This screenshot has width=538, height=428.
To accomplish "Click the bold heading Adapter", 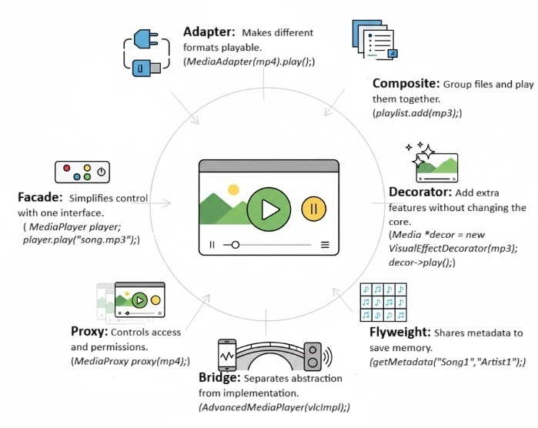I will click(209, 32).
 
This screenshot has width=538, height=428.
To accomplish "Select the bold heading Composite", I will click(406, 83).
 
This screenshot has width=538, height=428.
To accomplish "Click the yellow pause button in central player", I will click(313, 209).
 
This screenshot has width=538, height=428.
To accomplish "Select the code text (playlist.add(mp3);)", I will click(416, 113).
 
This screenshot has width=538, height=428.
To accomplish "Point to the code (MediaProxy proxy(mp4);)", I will click(130, 361).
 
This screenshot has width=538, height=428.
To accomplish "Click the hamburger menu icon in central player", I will click(325, 245).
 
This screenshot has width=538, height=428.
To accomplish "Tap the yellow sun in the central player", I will click(233, 189).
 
